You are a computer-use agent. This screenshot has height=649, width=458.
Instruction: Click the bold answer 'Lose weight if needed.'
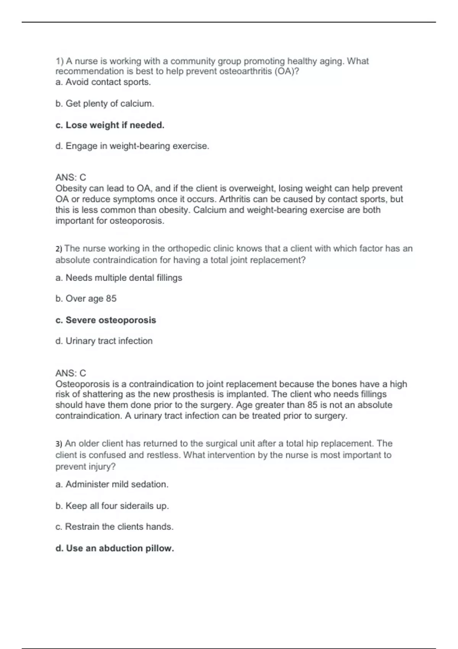point(110,125)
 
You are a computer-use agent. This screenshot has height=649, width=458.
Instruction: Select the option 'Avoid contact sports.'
point(103,82)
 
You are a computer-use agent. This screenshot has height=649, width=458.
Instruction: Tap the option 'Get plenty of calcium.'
point(105,103)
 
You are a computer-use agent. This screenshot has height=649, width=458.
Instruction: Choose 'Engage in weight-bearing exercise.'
point(132,146)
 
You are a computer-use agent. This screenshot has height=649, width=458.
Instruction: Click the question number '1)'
point(60,61)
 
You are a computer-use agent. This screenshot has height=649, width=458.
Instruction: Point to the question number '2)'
point(59,249)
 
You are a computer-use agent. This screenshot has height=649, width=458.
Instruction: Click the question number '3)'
point(59,444)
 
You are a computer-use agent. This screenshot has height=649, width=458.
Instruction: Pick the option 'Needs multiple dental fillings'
point(119,278)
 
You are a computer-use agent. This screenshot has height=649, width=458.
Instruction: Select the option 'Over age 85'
point(86,299)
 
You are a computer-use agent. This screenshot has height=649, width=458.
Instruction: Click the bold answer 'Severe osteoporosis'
point(106,320)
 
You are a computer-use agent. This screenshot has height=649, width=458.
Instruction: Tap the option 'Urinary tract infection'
point(104,341)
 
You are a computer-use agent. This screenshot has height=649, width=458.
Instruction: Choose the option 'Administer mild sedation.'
point(112,484)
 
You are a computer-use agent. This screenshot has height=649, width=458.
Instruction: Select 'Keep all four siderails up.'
point(112,506)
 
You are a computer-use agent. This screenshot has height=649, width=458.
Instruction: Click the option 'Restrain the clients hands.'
point(114,527)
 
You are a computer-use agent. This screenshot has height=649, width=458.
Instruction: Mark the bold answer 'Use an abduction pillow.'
point(114,548)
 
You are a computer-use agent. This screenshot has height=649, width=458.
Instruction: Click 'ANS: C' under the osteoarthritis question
point(71,178)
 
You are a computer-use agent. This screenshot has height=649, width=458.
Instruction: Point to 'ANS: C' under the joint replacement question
point(71,373)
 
